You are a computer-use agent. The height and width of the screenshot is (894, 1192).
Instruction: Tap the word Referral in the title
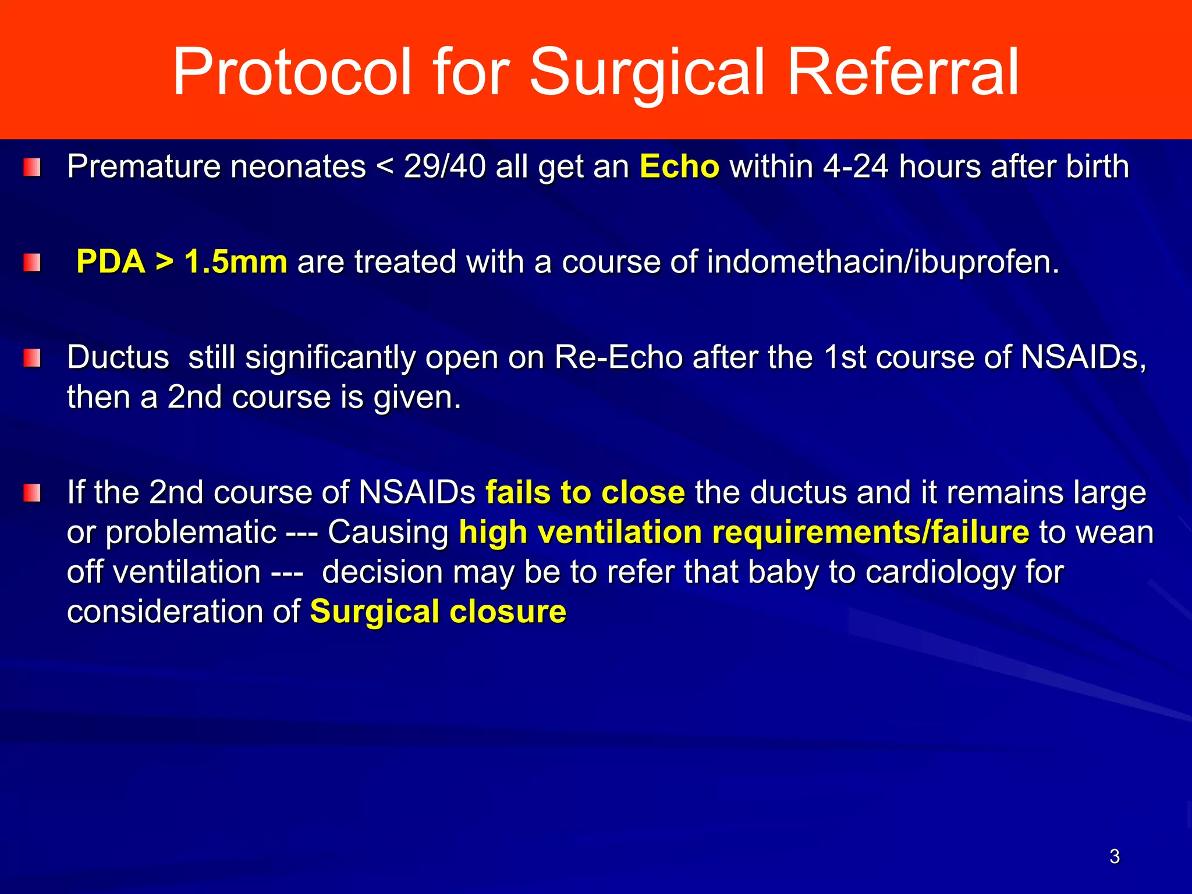coord(903,72)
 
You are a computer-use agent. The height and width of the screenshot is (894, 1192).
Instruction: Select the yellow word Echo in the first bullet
coord(679,167)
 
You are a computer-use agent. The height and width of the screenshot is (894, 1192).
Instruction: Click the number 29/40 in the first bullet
coord(445,167)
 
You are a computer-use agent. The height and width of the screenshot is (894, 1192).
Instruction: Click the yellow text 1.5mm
coord(236,262)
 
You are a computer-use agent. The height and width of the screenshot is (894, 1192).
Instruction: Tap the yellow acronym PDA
coord(111,262)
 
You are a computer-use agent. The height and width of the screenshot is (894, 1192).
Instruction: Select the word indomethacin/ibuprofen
coord(883,262)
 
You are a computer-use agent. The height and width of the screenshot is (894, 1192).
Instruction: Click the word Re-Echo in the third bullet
coord(618,357)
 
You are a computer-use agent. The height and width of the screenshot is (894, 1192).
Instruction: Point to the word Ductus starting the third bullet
coord(118,357)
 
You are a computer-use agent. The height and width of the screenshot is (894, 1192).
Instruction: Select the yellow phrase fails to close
coord(585,492)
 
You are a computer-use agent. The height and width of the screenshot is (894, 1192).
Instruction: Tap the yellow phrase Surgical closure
coord(438,612)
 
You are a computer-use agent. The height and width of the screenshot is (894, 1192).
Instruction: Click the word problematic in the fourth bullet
coord(190,533)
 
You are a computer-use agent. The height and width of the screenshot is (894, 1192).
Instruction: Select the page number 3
coord(1114,856)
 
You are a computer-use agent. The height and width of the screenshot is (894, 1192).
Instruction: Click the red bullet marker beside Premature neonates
coord(32,168)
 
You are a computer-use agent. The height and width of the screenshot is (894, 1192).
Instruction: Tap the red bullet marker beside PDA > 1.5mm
coord(32,262)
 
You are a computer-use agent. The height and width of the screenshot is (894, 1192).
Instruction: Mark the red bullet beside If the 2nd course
coord(32,493)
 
